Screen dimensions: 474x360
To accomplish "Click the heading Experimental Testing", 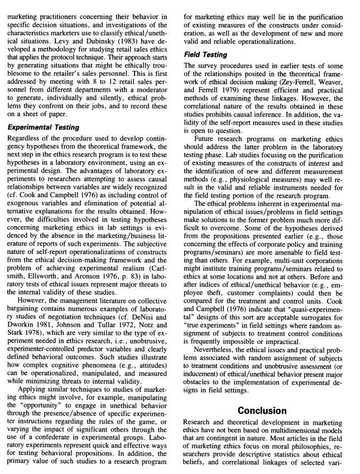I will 44,127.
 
